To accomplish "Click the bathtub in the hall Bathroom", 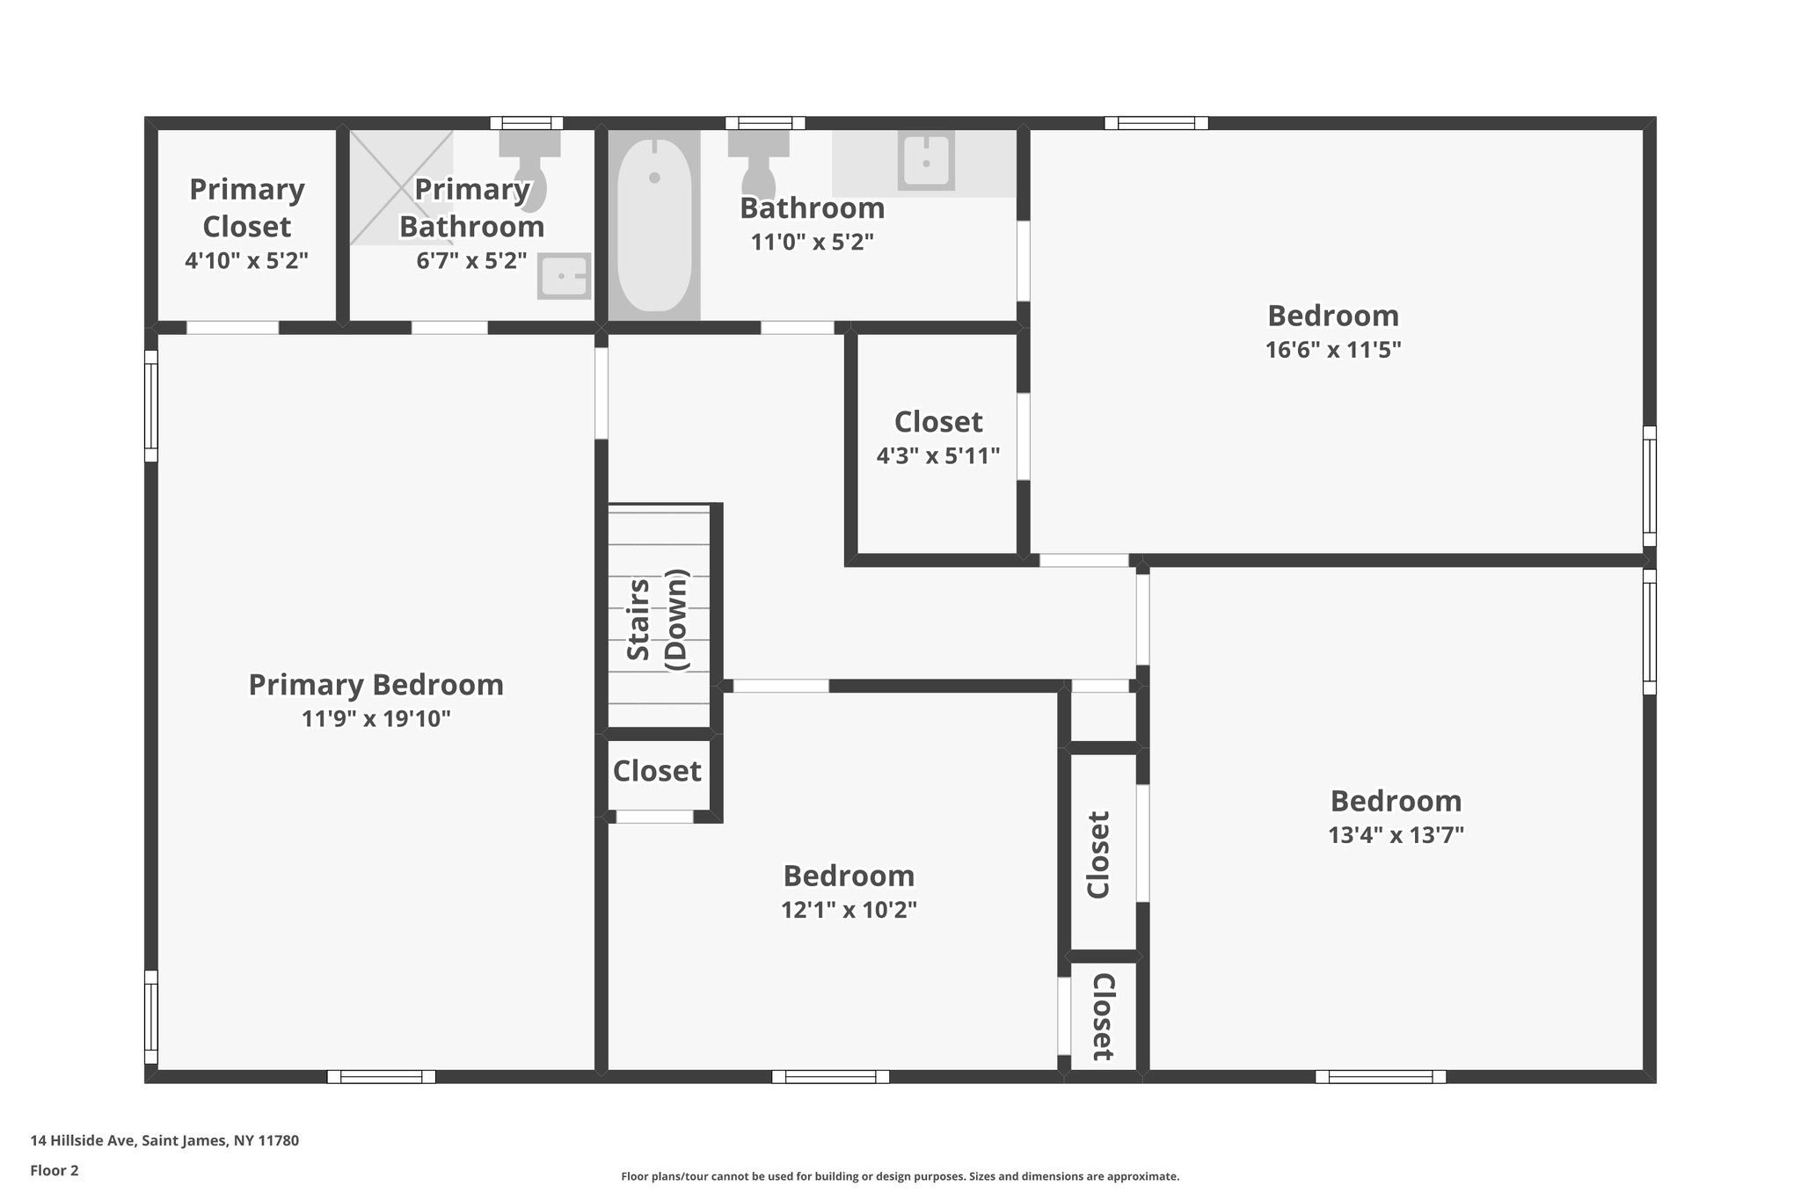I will pyautogui.click(x=653, y=225).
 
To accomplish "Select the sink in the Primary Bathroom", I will pyautogui.click(x=563, y=277).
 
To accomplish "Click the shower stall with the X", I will pyautogui.click(x=401, y=188).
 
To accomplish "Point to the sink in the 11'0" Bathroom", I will pyautogui.click(x=926, y=161).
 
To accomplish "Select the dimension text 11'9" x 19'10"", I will pyautogui.click(x=376, y=719).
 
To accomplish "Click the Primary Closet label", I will pyautogui.click(x=247, y=207).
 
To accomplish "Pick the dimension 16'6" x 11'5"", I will pyautogui.click(x=1332, y=350).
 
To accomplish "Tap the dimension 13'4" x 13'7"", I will pyautogui.click(x=1396, y=835).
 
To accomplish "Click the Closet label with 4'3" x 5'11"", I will pyautogui.click(x=938, y=422).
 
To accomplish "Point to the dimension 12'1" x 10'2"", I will pyautogui.click(x=849, y=910).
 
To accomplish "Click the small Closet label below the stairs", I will pyautogui.click(x=657, y=771).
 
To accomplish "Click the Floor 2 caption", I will pyautogui.click(x=55, y=1170).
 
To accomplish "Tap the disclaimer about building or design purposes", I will pyautogui.click(x=900, y=1176).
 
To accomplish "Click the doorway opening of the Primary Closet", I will pyautogui.click(x=233, y=328).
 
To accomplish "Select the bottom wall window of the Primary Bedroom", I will pyautogui.click(x=381, y=1076).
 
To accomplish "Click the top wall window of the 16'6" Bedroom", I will pyautogui.click(x=1156, y=123).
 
